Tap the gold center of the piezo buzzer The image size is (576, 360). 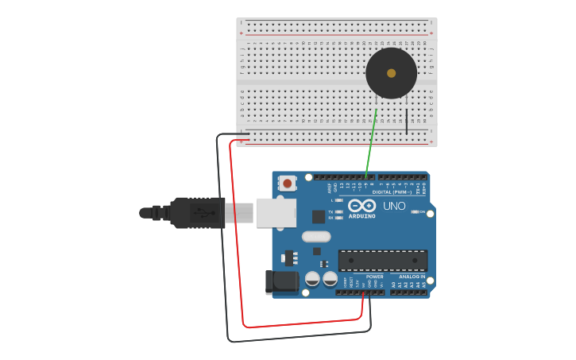[x=391, y=73]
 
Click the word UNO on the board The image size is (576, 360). [x=395, y=206]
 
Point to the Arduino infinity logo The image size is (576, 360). [x=361, y=206]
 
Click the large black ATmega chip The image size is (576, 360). [x=382, y=260]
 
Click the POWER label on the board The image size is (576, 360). [x=374, y=277]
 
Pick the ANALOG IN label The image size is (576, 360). [x=412, y=277]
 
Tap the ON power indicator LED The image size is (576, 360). [x=414, y=211]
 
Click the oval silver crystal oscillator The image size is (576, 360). [x=316, y=236]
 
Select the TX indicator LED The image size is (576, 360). [x=339, y=212]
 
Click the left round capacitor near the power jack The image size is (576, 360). [x=312, y=278]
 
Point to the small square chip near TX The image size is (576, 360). [x=319, y=216]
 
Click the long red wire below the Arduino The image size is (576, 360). [x=302, y=323]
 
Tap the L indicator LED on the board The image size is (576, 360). [x=339, y=200]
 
